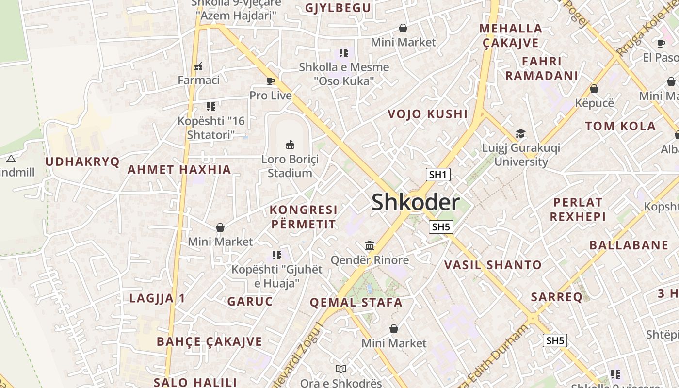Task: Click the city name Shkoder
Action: (415, 202)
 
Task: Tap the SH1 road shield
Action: (437, 175)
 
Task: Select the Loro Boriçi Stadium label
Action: (290, 166)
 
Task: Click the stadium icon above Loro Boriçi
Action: (290, 145)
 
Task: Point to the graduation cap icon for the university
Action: (520, 133)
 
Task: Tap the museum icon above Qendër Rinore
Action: (370, 246)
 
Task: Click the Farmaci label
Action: (198, 80)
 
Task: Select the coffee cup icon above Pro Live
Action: (271, 81)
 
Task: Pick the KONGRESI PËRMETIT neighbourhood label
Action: (303, 217)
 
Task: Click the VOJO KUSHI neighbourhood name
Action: (428, 114)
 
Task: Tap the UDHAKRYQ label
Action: (82, 162)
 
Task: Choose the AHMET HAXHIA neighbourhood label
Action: (179, 170)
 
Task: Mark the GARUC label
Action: (250, 301)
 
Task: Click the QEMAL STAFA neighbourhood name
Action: (356, 303)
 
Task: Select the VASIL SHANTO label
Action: (493, 265)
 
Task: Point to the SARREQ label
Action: (556, 297)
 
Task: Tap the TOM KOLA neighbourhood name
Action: (620, 127)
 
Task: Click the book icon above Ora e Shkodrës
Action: (341, 369)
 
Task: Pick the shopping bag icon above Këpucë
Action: (594, 89)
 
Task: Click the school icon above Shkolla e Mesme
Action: (344, 53)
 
